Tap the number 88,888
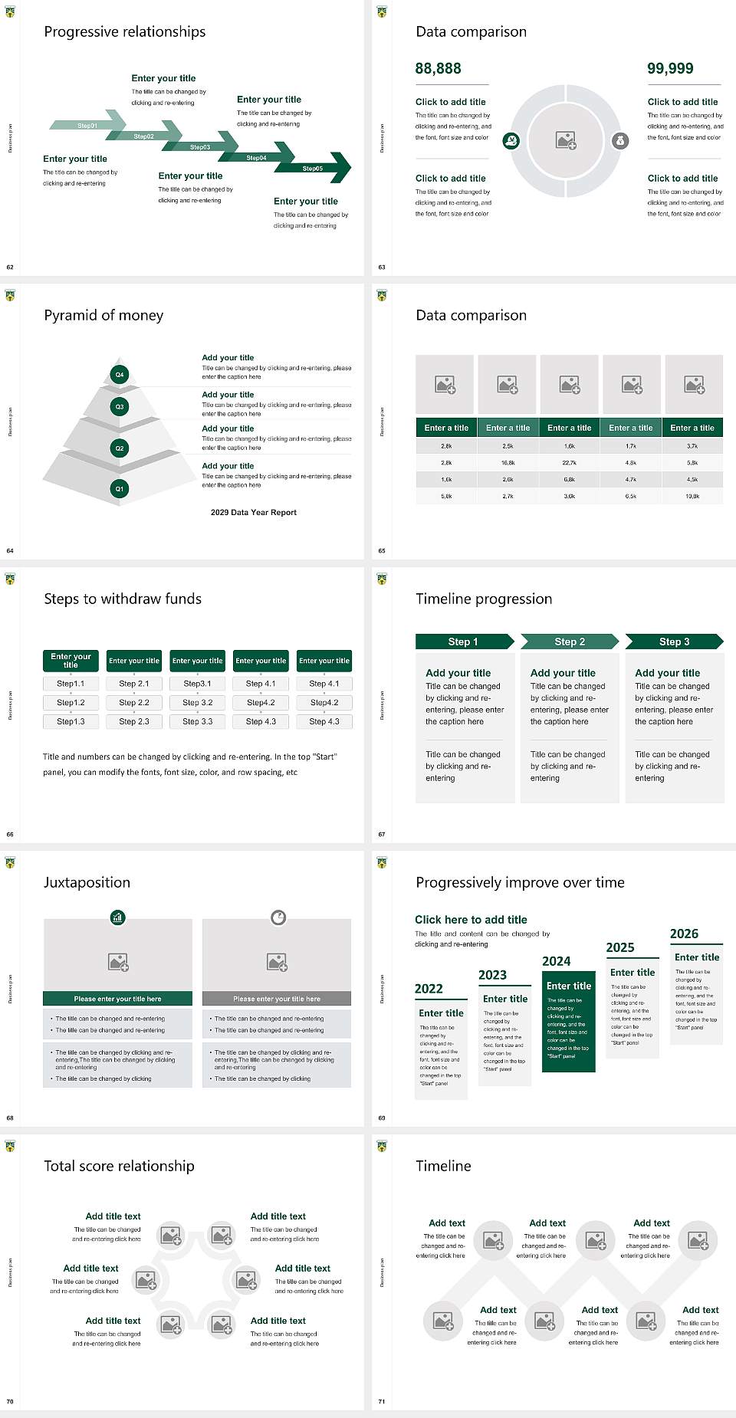[x=438, y=69]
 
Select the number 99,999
[x=670, y=69]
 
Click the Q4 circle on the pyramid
[x=120, y=375]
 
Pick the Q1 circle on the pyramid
[x=120, y=488]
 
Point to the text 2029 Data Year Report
[x=254, y=513]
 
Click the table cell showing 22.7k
[x=569, y=463]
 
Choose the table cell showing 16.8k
[x=508, y=463]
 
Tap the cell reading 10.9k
[x=692, y=497]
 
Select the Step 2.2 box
[x=134, y=702]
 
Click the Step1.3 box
[x=71, y=721]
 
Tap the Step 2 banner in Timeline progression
[x=570, y=642]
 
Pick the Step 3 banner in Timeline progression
[x=675, y=642]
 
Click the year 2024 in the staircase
[x=557, y=961]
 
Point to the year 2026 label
[x=684, y=934]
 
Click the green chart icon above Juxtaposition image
[x=117, y=917]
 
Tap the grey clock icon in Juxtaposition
[x=278, y=917]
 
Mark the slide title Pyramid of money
[x=103, y=315]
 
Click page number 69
[x=382, y=1118]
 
